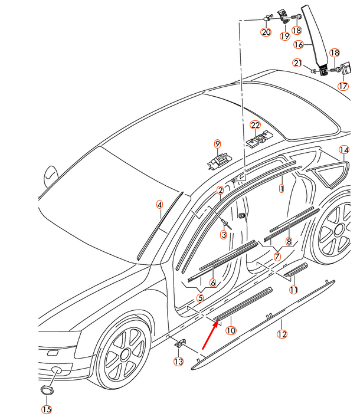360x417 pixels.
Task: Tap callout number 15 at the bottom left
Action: coord(47,409)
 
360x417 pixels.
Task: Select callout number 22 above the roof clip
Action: coord(255,125)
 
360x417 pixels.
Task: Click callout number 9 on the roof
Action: coord(218,144)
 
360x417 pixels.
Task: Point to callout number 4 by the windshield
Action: coord(159,205)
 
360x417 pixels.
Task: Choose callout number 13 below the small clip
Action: coord(179,362)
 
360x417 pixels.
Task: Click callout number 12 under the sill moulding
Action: coord(282,334)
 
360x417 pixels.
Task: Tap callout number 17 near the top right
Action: coord(343,86)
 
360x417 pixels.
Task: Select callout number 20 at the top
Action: coord(266,32)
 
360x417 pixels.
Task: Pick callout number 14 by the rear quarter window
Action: coord(343,150)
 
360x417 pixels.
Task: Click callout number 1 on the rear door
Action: coord(282,189)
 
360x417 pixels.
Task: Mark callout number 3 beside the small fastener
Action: coord(224,235)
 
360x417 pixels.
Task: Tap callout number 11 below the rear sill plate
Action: coord(294,290)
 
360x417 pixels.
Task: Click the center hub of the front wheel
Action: coord(125,354)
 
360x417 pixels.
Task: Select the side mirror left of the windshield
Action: coord(51,175)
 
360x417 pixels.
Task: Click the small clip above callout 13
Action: coord(181,343)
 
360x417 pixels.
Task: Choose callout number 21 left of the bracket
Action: coord(297,63)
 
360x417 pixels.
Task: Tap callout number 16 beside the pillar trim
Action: coord(299,44)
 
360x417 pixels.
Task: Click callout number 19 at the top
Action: coord(284,35)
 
